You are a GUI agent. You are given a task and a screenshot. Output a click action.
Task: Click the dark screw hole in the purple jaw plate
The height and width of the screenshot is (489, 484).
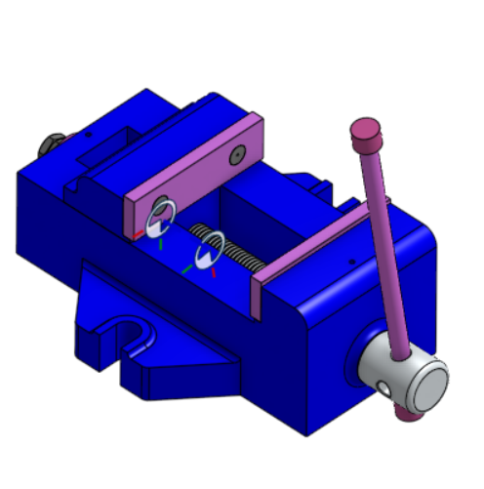click(x=237, y=155)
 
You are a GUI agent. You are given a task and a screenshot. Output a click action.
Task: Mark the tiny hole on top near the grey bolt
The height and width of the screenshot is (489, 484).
click(x=89, y=135)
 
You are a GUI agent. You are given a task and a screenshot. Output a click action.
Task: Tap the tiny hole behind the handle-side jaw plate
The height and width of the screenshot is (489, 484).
click(x=351, y=262)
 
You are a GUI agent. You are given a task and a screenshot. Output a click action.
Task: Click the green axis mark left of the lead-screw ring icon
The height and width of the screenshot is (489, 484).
click(x=186, y=267)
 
